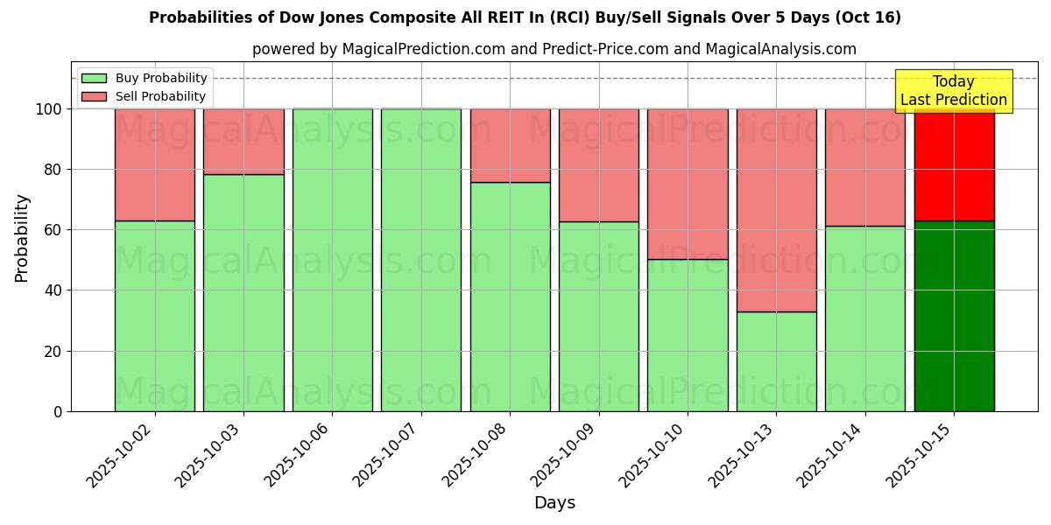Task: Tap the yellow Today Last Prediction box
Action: tap(954, 91)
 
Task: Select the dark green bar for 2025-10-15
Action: tap(954, 316)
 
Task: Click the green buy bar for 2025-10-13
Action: tap(776, 361)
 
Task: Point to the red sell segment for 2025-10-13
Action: tap(776, 210)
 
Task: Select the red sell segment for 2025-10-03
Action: tap(243, 142)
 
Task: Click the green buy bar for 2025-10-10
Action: tap(688, 335)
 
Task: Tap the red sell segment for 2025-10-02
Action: tap(155, 164)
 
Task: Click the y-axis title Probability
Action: tap(22, 238)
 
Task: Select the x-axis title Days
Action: tap(554, 503)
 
